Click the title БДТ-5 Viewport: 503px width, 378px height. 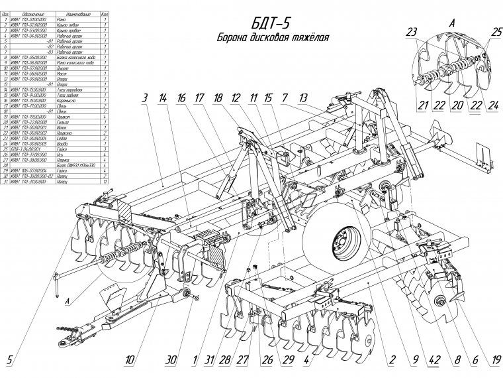272,23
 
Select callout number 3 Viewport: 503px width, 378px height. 143,97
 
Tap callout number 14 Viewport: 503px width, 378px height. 162,97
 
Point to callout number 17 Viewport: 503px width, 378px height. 199,97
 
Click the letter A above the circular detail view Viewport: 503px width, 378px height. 452,22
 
